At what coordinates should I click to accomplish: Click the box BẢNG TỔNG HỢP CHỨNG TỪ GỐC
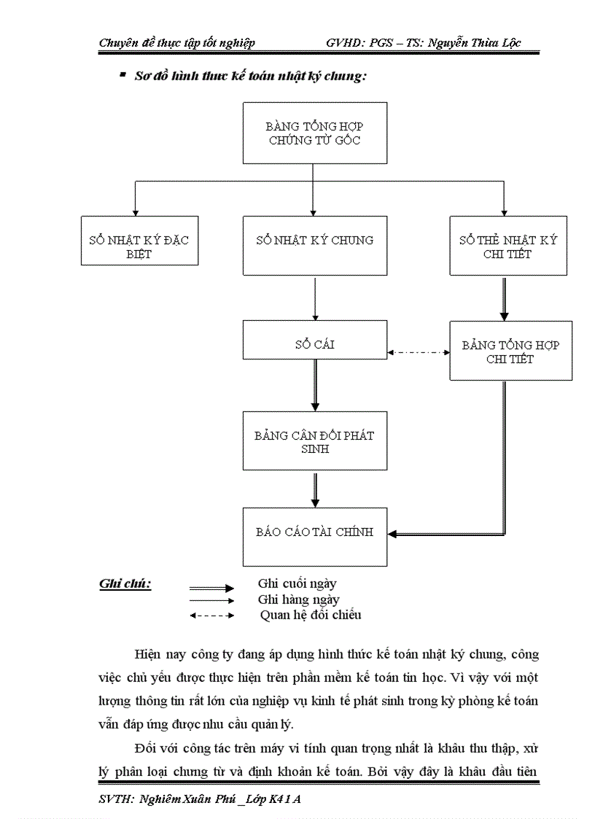point(314,133)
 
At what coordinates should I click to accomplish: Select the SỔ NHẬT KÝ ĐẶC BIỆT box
point(139,240)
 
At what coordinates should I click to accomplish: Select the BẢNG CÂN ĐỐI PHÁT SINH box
point(314,441)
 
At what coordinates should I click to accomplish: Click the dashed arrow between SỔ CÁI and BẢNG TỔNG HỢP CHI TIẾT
point(418,352)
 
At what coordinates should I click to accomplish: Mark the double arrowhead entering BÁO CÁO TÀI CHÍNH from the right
point(394,535)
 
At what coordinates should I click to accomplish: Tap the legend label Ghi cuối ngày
point(297,583)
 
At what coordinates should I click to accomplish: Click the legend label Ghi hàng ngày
point(298,599)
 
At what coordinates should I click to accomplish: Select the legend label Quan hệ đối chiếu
point(311,615)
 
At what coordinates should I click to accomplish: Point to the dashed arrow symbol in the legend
point(211,616)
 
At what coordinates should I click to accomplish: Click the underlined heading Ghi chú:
point(125,584)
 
